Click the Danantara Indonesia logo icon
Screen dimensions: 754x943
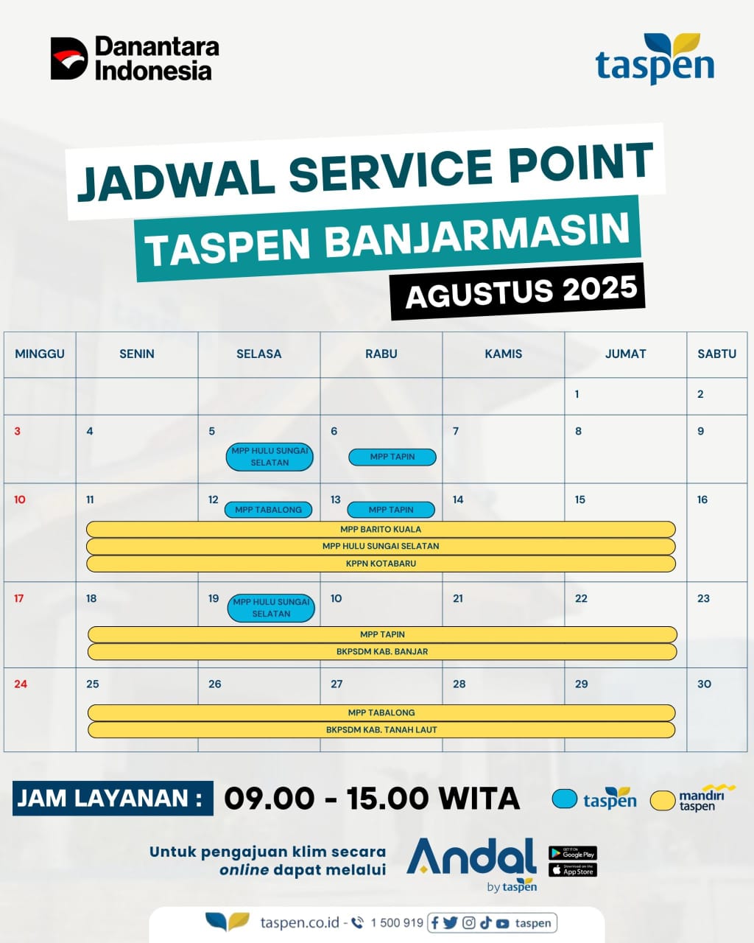(68, 58)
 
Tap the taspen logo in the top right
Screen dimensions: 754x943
(655, 60)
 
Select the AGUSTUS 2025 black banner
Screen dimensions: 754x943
(518, 292)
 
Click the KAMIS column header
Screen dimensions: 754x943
(504, 354)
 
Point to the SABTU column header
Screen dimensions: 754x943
(716, 354)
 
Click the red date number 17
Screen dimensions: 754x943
(19, 598)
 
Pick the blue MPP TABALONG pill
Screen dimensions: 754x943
(268, 510)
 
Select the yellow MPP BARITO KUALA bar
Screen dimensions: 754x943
(381, 530)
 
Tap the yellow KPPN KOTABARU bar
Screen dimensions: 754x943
(381, 564)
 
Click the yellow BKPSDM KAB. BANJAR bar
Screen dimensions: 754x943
(382, 651)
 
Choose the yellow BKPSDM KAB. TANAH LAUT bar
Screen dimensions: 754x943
(381, 729)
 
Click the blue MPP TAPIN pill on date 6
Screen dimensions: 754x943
(392, 457)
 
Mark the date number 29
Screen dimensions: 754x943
(582, 684)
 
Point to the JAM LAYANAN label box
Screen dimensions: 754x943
(113, 798)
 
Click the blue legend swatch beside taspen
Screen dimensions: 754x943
(564, 799)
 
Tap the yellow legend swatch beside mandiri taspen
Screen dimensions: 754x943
(663, 800)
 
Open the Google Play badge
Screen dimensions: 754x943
(573, 853)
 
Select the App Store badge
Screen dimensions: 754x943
(573, 870)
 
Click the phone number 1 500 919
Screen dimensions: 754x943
(397, 923)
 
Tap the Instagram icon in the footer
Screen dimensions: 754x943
(469, 923)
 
